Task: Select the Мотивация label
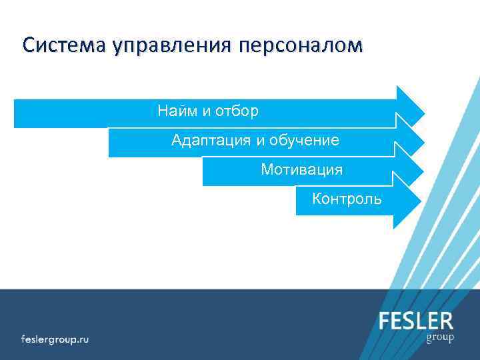[302, 169]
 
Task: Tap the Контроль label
[347, 199]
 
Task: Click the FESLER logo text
[416, 321]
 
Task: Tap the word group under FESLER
[440, 337]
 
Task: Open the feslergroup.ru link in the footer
[55, 338]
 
